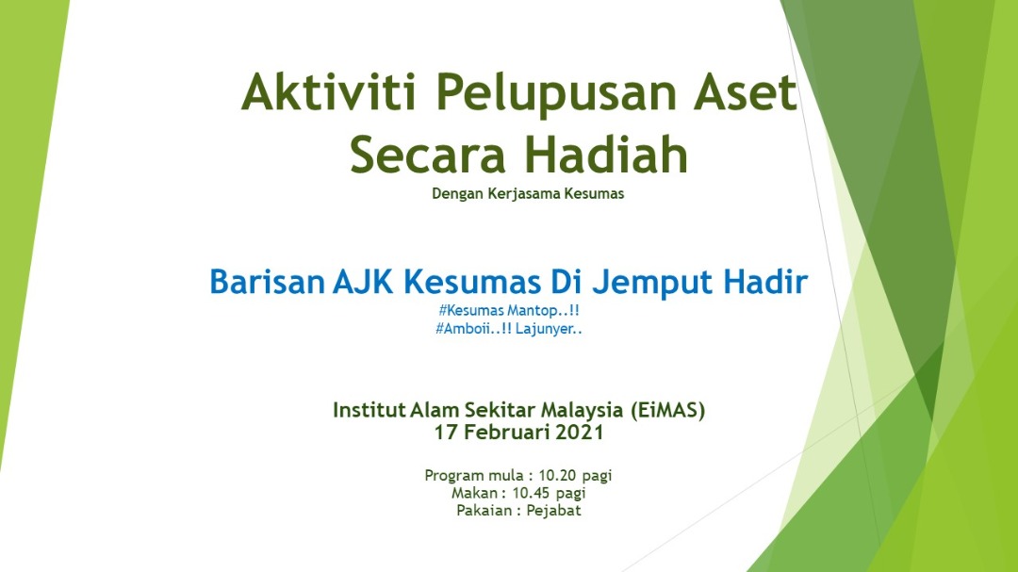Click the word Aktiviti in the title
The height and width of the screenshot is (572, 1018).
pos(329,91)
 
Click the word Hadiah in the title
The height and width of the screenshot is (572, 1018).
pos(606,154)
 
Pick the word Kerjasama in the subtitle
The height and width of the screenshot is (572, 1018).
pos(529,194)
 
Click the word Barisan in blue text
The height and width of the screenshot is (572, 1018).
pos(267,282)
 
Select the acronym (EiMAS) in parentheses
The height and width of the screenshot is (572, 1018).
pos(668,410)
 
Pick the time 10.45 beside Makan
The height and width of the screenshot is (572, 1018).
pos(531,493)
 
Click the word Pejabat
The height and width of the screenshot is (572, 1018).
pos(554,511)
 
